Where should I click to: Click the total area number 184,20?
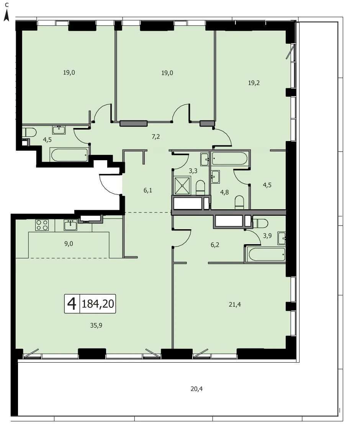pos(98,304)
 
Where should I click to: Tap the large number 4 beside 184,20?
pos(72,304)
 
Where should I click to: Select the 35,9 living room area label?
pos(96,325)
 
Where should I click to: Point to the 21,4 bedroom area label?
pos(235,305)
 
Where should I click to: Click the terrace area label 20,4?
pos(196,389)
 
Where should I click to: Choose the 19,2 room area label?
pos(254,83)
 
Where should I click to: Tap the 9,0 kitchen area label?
pos(69,243)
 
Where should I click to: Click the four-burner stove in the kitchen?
pos(42,225)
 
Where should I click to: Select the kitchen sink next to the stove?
pos(70,225)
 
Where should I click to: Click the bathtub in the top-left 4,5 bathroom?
pos(69,155)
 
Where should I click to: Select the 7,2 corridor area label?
pos(155,136)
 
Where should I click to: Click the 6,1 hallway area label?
pos(147,191)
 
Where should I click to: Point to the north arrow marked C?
pos(7,12)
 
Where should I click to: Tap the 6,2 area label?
pos(215,245)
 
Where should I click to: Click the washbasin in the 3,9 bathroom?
pos(282,238)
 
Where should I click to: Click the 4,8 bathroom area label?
pos(224,192)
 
